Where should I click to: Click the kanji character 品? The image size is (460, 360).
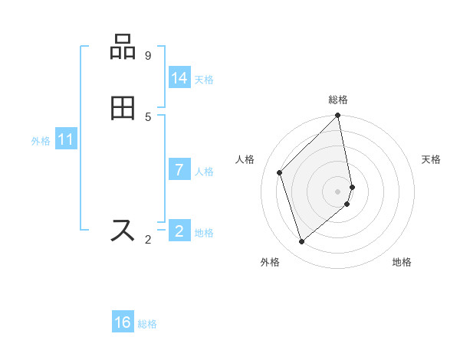pyautogui.click(x=123, y=47)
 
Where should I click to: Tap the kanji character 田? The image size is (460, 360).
pyautogui.click(x=123, y=108)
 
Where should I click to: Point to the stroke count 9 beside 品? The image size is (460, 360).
pyautogui.click(x=148, y=56)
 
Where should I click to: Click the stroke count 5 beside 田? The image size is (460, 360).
pyautogui.click(x=148, y=116)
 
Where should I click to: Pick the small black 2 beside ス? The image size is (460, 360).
pyautogui.click(x=148, y=240)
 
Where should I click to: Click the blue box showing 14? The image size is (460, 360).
pyautogui.click(x=179, y=78)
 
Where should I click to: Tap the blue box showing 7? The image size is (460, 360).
pyautogui.click(x=179, y=170)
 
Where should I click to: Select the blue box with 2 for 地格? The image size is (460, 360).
pyautogui.click(x=179, y=231)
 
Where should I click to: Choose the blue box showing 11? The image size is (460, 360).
pyautogui.click(x=66, y=140)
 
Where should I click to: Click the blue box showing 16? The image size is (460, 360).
pyautogui.click(x=123, y=322)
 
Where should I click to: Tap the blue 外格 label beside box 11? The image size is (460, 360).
pyautogui.click(x=41, y=141)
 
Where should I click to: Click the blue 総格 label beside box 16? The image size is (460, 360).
pyautogui.click(x=147, y=324)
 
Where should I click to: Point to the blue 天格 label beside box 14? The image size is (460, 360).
pyautogui.click(x=204, y=80)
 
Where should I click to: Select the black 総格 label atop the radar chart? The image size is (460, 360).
pyautogui.click(x=338, y=100)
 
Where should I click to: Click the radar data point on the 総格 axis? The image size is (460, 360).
pyautogui.click(x=338, y=116)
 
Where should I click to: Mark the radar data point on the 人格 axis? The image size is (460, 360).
pyautogui.click(x=280, y=172)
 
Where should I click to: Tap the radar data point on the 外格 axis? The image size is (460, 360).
pyautogui.click(x=301, y=242)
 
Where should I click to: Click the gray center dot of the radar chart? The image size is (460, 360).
pyautogui.click(x=338, y=191)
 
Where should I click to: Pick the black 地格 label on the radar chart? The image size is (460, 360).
pyautogui.click(x=402, y=263)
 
